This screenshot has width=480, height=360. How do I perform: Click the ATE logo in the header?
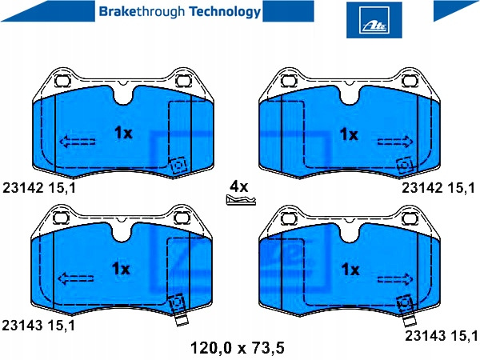[374, 20]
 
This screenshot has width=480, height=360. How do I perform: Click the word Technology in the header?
[225, 12]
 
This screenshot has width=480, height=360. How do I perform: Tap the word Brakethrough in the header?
[142, 11]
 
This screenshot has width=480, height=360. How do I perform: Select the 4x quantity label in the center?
[239, 186]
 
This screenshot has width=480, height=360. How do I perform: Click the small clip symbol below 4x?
[241, 200]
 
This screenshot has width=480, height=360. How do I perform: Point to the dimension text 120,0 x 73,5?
[238, 348]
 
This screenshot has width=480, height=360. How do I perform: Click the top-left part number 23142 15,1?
[39, 188]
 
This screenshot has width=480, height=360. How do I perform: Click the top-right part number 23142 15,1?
[438, 188]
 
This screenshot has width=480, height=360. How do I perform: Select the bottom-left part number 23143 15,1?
[38, 325]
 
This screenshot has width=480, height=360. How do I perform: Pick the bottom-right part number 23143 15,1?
[442, 336]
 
